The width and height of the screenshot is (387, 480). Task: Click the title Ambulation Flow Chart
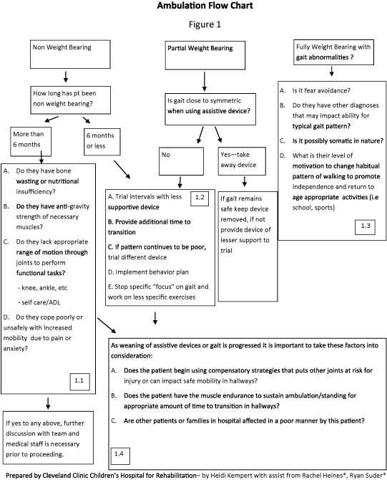click(205, 6)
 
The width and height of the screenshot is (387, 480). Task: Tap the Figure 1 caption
click(205, 24)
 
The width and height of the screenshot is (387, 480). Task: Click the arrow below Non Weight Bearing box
click(65, 77)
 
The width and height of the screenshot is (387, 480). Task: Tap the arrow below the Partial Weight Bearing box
click(205, 82)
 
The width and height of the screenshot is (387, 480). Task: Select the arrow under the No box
click(180, 182)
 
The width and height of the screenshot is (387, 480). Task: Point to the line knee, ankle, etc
click(42, 288)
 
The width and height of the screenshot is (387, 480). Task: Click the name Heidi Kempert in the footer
click(232, 476)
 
